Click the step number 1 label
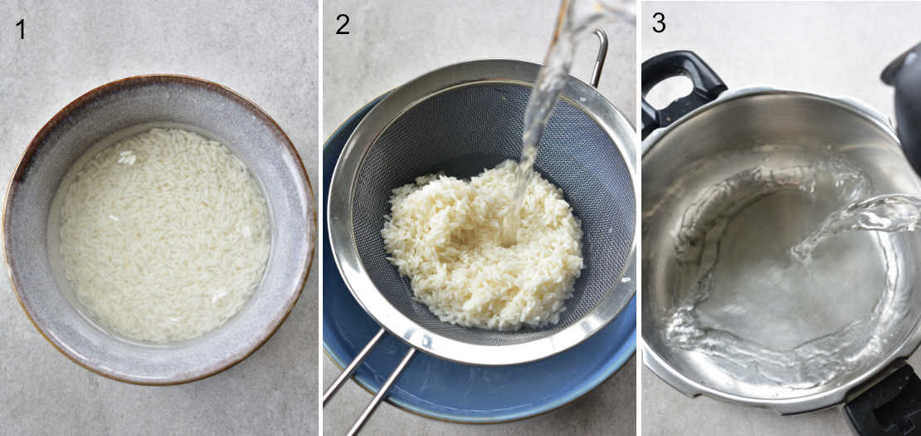(x=21, y=29)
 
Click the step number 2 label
(x=342, y=25)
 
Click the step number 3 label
(x=658, y=23)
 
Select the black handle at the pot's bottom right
(x=884, y=403)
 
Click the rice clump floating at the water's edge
(x=126, y=157)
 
